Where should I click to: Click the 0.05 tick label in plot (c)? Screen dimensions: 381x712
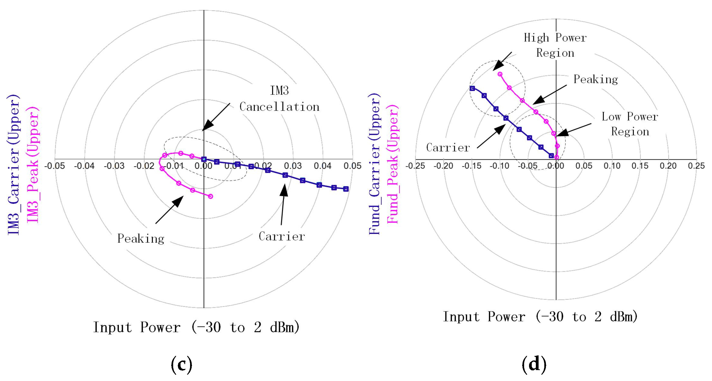coord(352,166)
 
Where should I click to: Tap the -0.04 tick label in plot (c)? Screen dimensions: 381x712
coord(84,166)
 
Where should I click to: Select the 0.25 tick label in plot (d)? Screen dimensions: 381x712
coord(696,166)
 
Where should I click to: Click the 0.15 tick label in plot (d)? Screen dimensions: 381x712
coord(640,166)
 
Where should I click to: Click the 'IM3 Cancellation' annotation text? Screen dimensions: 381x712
coord(279,99)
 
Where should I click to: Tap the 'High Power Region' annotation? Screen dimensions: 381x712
coord(555,45)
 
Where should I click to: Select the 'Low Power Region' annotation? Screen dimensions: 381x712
coord(630,124)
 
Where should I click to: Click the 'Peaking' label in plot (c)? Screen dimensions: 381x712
coord(141,239)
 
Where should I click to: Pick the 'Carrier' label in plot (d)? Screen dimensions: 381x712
coord(448,147)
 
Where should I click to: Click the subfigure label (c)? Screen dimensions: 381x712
coord(181,364)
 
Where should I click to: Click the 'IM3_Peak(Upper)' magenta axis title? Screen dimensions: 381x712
coord(33,165)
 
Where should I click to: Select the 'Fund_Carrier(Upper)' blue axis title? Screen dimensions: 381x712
coord(374,165)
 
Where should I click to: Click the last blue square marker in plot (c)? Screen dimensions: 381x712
coord(346,189)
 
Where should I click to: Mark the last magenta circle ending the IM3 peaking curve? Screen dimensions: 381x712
coord(210,197)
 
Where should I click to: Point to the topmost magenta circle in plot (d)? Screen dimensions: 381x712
coord(500,74)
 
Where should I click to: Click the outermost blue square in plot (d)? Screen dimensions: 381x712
coord(472,88)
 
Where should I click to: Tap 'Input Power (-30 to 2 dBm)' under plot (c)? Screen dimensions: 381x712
coord(196,327)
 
